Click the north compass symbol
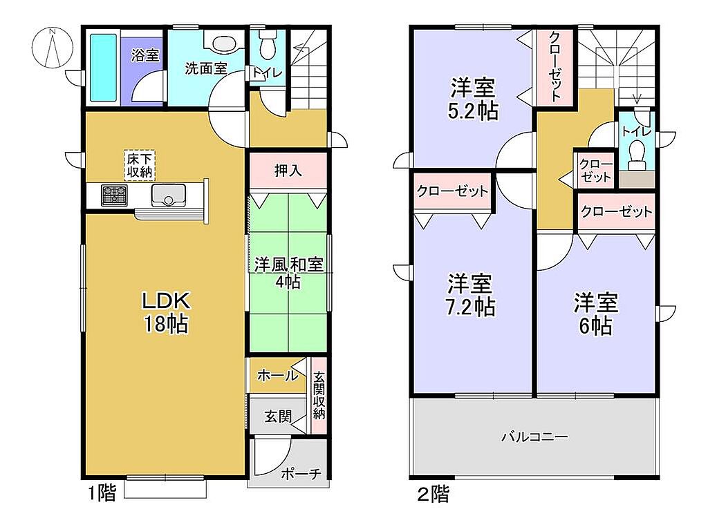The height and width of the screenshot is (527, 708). pyautogui.click(x=53, y=48)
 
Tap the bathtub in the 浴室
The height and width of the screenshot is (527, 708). pyautogui.click(x=104, y=68)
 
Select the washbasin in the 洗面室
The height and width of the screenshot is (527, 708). pyautogui.click(x=222, y=44)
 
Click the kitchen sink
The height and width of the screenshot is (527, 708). pyautogui.click(x=169, y=195)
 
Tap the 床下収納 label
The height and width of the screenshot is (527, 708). pyautogui.click(x=140, y=165)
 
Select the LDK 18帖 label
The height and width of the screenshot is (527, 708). pyautogui.click(x=166, y=312)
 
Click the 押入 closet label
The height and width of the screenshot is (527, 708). pyautogui.click(x=288, y=171)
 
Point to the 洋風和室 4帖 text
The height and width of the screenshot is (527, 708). pyautogui.click(x=288, y=273)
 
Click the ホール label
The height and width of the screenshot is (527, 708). pyautogui.click(x=278, y=376)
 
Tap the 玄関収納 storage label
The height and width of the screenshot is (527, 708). pyautogui.click(x=319, y=395)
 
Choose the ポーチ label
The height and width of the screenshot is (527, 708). pyautogui.click(x=301, y=474)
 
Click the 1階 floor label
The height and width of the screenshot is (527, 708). pyautogui.click(x=102, y=492)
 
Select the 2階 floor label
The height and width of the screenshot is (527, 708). pyautogui.click(x=434, y=494)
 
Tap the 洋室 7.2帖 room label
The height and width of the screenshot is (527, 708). pyautogui.click(x=470, y=295)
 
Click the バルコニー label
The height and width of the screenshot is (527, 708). pyautogui.click(x=535, y=437)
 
